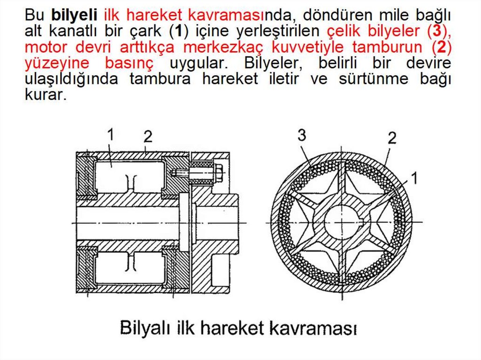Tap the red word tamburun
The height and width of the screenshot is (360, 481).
[x=387, y=47]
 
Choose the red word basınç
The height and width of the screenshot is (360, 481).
[x=129, y=63]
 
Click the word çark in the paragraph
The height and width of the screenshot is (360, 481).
[x=145, y=31]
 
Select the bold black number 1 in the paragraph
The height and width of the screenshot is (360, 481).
[x=178, y=31]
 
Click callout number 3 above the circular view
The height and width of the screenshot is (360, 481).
[x=302, y=135]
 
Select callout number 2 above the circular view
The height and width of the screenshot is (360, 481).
[x=392, y=138]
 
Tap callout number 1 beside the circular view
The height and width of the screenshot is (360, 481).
[x=414, y=178]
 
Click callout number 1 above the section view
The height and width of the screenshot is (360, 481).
[x=110, y=134]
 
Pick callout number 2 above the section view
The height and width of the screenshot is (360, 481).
[x=148, y=137]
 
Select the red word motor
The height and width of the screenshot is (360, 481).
[x=46, y=47]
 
